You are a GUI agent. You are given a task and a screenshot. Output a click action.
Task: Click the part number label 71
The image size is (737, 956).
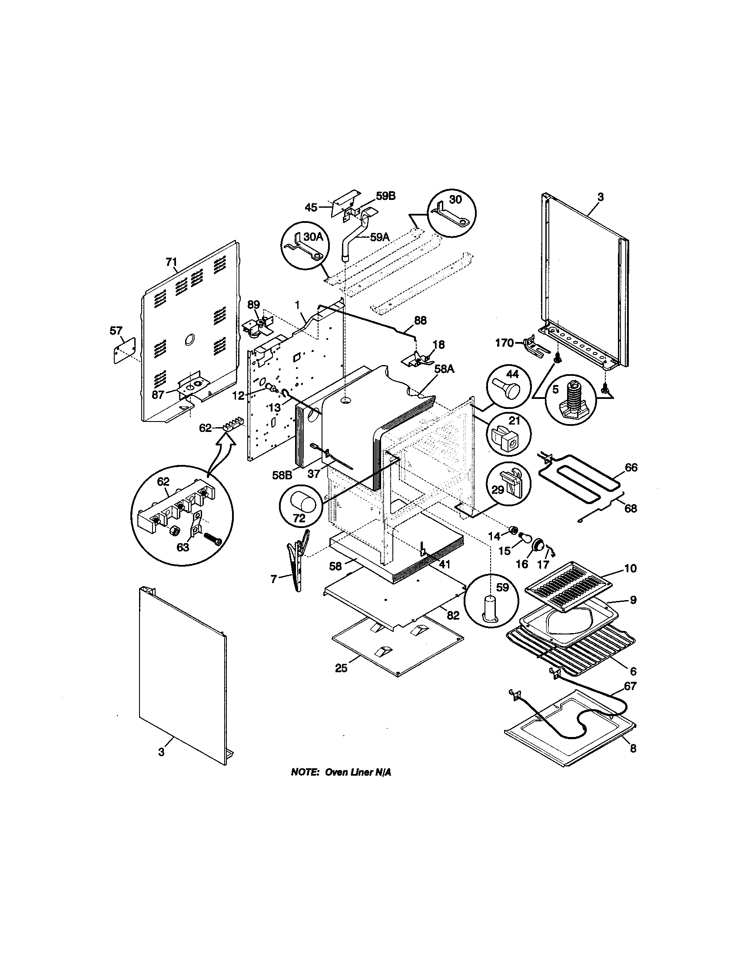click(171, 262)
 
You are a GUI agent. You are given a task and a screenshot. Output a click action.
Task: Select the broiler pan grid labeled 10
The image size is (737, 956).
click(569, 587)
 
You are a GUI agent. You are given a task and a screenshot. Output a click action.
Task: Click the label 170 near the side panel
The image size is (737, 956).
click(504, 343)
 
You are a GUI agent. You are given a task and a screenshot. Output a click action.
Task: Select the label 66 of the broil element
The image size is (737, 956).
click(631, 468)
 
